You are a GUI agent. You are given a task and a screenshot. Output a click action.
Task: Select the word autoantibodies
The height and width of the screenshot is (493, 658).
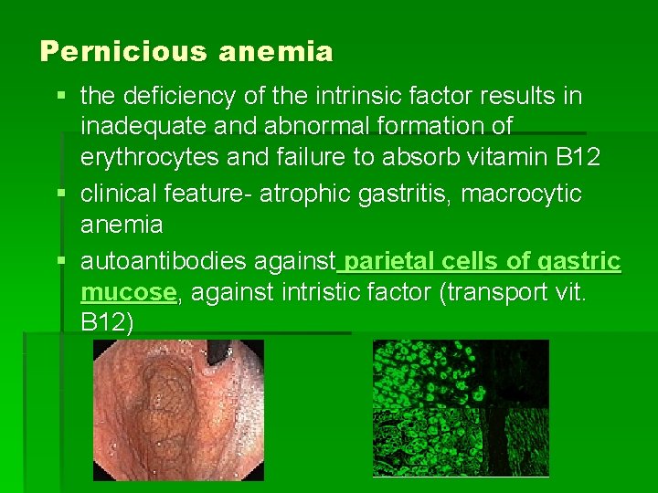point(161,262)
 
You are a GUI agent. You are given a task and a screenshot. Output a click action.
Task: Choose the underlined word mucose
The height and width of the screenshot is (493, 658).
point(128,292)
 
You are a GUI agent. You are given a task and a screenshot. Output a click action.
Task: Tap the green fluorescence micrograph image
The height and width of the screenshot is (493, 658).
point(461,407)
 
